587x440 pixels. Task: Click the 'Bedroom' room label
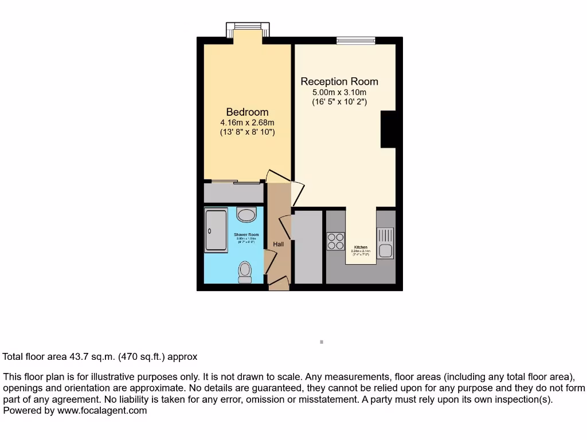coord(247,112)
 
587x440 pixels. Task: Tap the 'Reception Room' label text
coord(339,81)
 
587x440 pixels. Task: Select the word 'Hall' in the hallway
coord(278,244)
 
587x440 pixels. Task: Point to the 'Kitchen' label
coord(361,247)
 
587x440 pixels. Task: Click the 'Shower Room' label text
coord(246,235)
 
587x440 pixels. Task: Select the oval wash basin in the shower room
coord(246,215)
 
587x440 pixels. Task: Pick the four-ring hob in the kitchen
coord(335,241)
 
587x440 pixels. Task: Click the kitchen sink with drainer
coord(385,242)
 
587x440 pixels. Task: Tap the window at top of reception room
coord(355,40)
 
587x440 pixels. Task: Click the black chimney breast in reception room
coord(388,129)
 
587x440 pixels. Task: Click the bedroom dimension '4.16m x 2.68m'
coord(247,123)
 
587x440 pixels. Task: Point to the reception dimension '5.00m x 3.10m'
coord(339,92)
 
